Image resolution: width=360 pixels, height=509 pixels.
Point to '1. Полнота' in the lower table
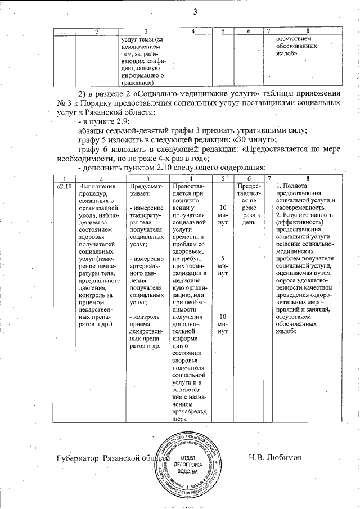click(292, 186)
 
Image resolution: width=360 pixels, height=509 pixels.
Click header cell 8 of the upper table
click(307, 31)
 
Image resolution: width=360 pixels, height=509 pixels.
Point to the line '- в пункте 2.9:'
click(103, 121)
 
